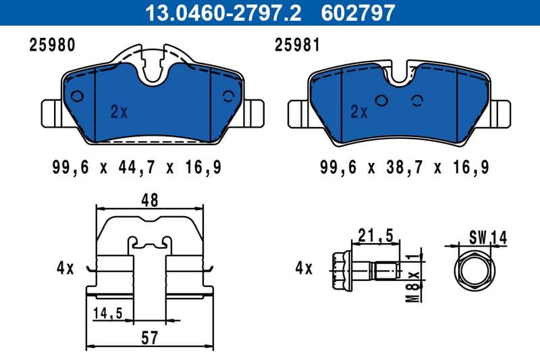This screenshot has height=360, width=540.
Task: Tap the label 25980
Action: (51, 45)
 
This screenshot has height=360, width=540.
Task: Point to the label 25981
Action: (296, 45)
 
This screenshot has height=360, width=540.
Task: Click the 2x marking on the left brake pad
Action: (119, 113)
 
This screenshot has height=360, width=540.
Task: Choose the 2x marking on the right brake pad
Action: (358, 113)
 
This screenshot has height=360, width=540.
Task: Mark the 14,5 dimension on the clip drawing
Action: (109, 314)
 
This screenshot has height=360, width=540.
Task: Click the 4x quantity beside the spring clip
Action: (65, 268)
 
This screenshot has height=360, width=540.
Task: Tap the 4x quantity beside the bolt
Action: (304, 268)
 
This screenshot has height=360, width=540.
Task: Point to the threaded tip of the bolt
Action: (387, 272)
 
